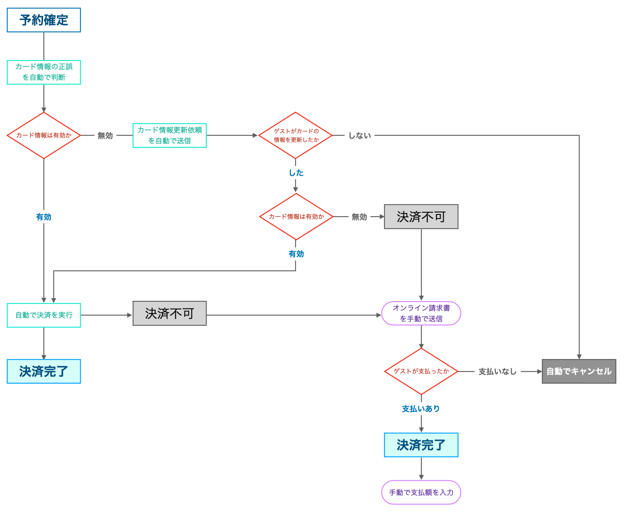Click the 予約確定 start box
[x=44, y=20]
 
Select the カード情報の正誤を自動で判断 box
[x=44, y=72]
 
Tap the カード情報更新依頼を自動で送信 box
[x=170, y=135]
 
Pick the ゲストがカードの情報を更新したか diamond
[x=295, y=135]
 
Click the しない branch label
[x=360, y=136]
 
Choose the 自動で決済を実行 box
[x=44, y=315]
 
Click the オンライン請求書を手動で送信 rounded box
[x=421, y=313]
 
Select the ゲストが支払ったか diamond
[x=421, y=371]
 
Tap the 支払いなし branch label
[x=497, y=371]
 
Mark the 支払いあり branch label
[x=421, y=409]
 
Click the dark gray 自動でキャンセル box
[x=579, y=371]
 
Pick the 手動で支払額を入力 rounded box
[x=421, y=492]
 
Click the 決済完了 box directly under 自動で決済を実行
[x=44, y=371]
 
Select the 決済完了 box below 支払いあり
[x=421, y=445]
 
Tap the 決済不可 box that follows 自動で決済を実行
[x=170, y=313]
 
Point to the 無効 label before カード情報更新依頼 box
[x=105, y=136]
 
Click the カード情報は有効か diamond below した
[x=296, y=216]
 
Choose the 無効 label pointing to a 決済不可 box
[x=359, y=217]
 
